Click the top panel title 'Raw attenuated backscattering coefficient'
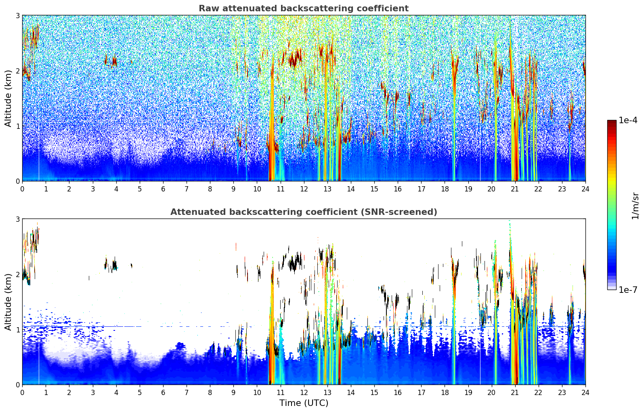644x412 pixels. coord(304,8)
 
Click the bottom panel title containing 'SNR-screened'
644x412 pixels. coord(304,212)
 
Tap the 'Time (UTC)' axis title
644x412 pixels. coord(304,403)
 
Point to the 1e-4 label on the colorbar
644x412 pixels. coord(628,120)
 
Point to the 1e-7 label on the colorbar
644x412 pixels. coord(628,290)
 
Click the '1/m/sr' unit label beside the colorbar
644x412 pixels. coord(635,206)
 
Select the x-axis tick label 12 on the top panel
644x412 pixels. coord(304,189)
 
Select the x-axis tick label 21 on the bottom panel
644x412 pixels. coord(515,393)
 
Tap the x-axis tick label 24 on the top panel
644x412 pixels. coord(585,189)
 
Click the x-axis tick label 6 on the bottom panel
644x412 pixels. coord(163,393)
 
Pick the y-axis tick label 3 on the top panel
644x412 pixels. coord(17,16)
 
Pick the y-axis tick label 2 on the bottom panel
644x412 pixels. coord(17,275)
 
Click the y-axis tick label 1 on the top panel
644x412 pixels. coord(17,126)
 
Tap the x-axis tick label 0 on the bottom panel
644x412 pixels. coord(23,393)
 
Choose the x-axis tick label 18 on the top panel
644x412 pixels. coord(445,189)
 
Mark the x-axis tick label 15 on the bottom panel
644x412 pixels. coord(374,393)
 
